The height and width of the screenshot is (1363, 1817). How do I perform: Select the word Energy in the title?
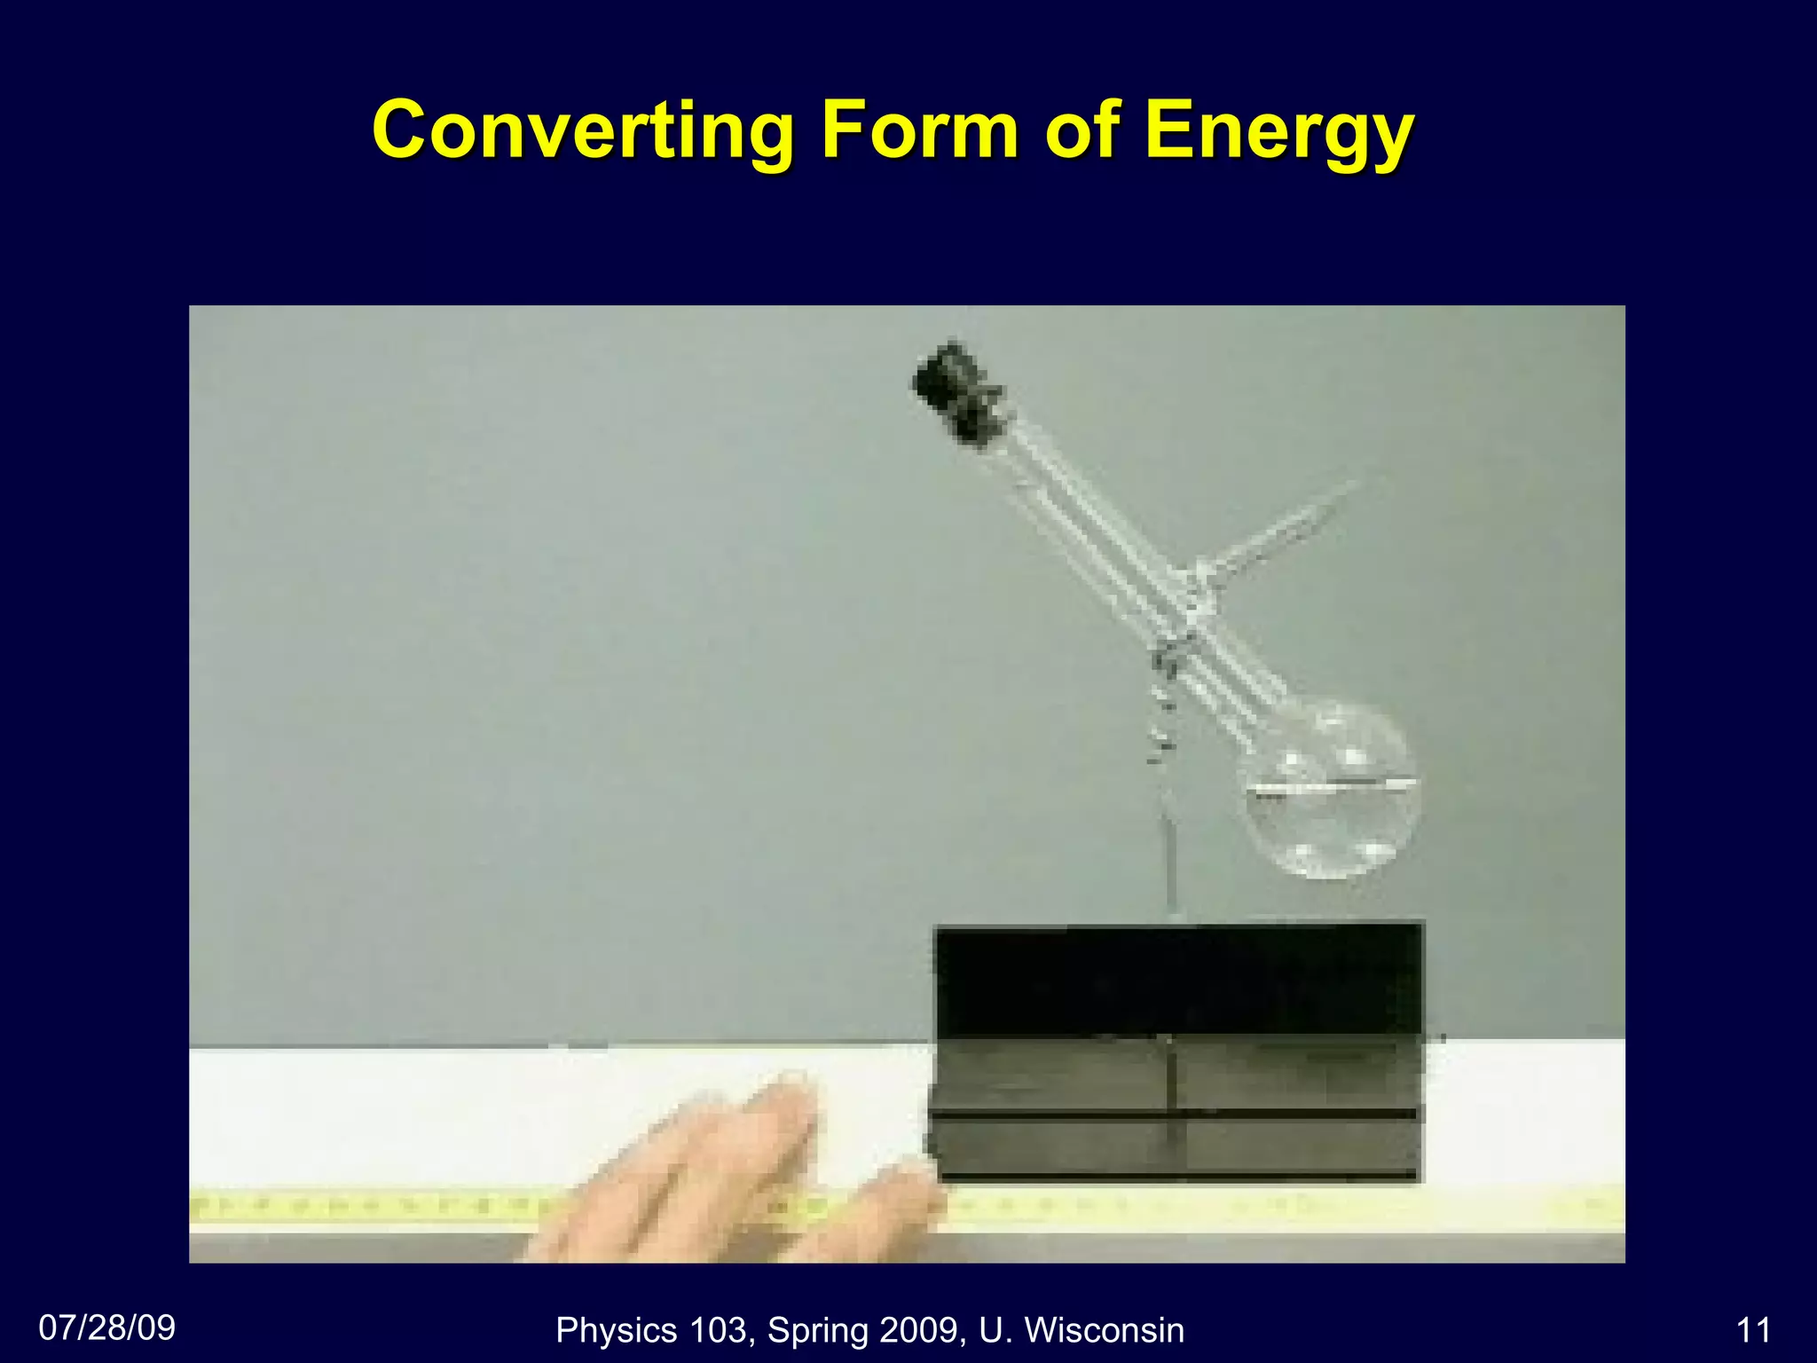(1278, 133)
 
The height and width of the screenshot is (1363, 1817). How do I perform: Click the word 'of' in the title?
(1082, 131)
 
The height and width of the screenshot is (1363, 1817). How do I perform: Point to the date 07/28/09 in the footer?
(107, 1328)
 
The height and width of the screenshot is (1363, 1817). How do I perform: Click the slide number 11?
(1753, 1330)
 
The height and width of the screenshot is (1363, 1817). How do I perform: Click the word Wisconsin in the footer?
(1104, 1330)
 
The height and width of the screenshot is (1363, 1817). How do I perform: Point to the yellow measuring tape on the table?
(1242, 1207)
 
